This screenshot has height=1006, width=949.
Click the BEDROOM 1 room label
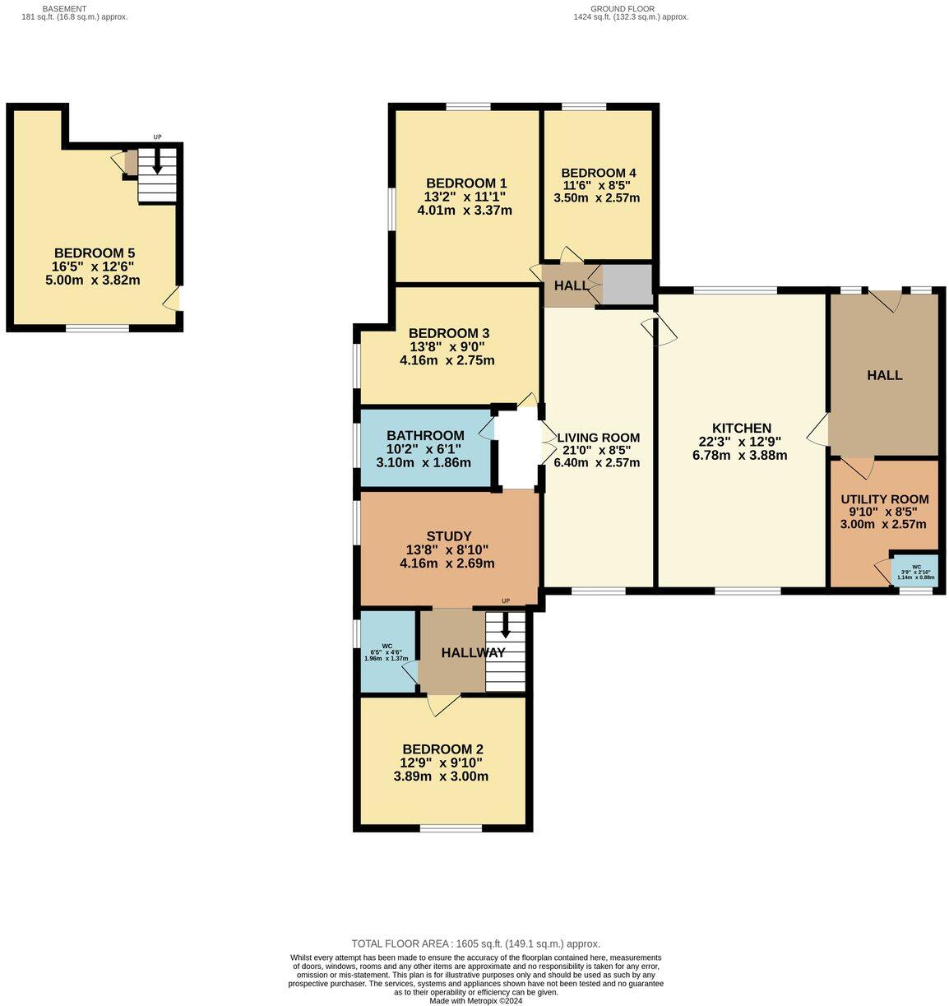(x=465, y=183)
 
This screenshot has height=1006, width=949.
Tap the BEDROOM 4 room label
(x=598, y=173)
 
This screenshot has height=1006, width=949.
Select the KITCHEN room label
(x=741, y=429)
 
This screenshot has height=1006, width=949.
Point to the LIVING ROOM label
(x=598, y=438)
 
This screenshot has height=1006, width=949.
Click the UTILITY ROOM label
(x=884, y=499)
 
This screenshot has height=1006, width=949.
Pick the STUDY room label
(x=448, y=537)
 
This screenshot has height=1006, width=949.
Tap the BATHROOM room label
(x=425, y=436)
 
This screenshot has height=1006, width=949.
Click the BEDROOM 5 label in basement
(x=94, y=253)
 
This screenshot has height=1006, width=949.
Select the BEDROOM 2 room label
(x=442, y=749)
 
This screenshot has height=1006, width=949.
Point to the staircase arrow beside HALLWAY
(x=505, y=625)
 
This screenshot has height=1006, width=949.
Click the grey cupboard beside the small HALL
(x=627, y=284)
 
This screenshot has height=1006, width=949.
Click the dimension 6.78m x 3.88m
(x=740, y=455)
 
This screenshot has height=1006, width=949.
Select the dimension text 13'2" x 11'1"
(x=465, y=197)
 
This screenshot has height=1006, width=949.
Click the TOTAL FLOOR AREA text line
(x=475, y=943)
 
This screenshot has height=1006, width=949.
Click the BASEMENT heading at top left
(x=64, y=8)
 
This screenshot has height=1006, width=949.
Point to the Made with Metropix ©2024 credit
(x=475, y=1000)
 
